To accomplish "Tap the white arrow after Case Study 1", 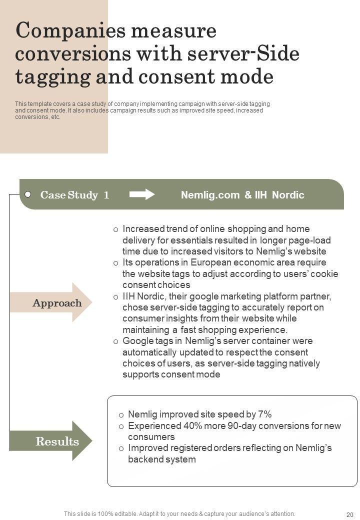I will tap(142, 194).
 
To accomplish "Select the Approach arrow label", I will tap(57, 303).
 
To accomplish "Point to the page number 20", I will tap(349, 514).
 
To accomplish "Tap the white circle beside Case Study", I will tap(28, 194).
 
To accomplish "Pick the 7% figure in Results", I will tap(264, 414).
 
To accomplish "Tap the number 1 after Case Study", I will tap(106, 195).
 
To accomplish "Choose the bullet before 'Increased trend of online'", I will tap(115, 229).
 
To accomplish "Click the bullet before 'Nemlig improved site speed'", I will tap(121, 415).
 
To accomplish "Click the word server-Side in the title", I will tap(248, 54).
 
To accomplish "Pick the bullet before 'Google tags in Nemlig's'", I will tap(115, 341).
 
